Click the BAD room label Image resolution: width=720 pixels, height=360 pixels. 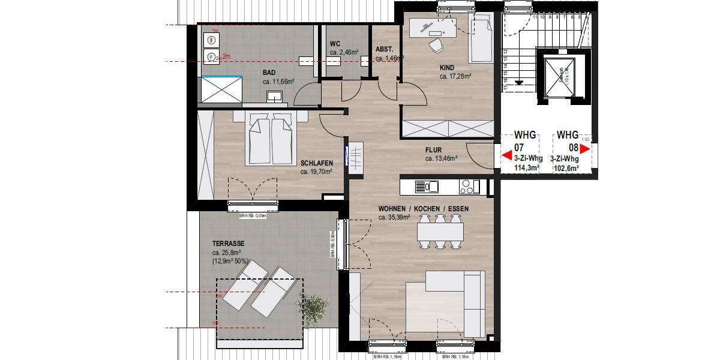tap(269, 73)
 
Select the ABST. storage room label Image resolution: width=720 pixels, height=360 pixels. tap(384, 49)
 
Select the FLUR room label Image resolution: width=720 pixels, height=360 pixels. tap(433, 151)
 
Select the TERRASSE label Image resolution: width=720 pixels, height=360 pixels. tap(228, 244)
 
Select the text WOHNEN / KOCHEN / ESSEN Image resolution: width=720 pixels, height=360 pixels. tap(423, 209)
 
